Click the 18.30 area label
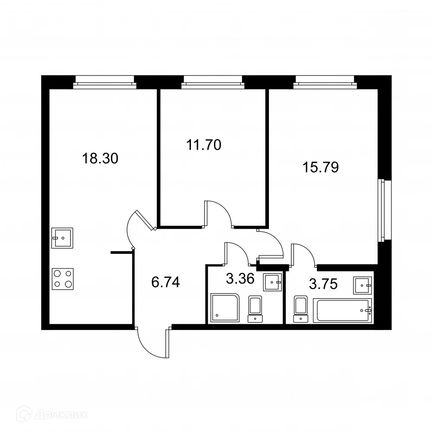click(100, 158)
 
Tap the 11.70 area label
click(204, 145)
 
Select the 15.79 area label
click(320, 167)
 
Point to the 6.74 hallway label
click(166, 282)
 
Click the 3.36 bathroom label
click(240, 278)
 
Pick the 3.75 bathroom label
click(323, 284)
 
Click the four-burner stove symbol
click(63, 279)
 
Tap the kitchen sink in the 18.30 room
click(62, 238)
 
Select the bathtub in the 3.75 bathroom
click(342, 310)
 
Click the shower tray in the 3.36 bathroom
click(225, 308)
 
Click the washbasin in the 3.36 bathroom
click(272, 282)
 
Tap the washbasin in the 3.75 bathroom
click(362, 285)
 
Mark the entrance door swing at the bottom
click(153, 343)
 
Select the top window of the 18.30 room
click(105, 82)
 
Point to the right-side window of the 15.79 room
click(385, 210)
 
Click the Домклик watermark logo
click(52, 414)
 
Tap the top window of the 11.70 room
click(213, 82)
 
